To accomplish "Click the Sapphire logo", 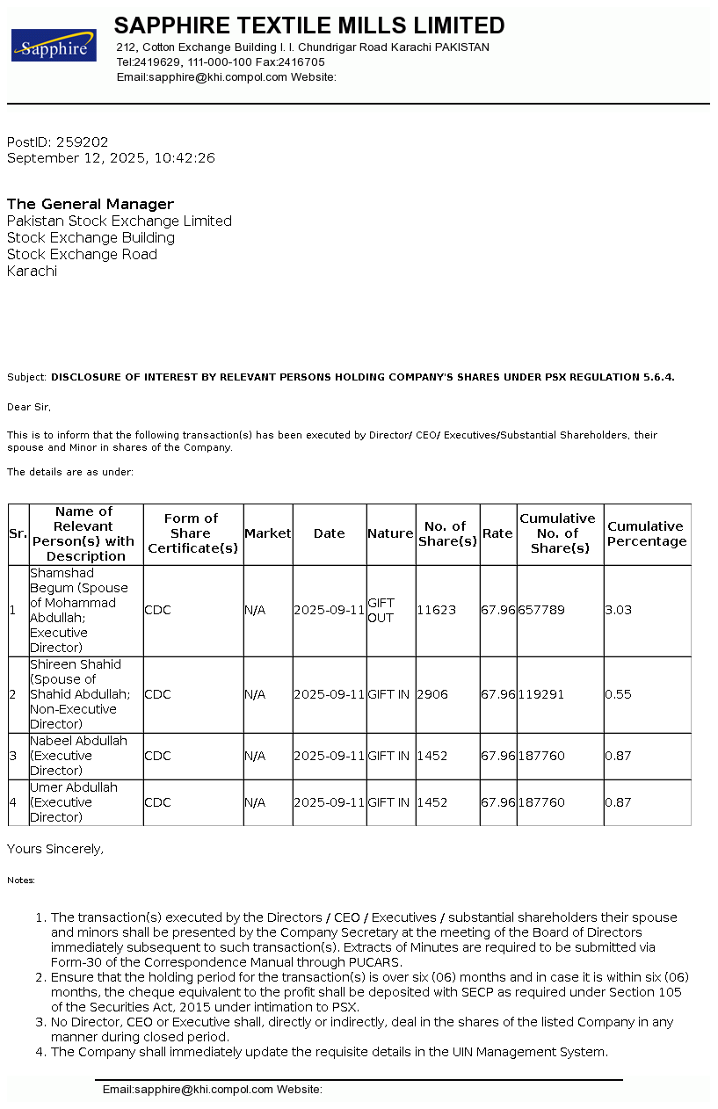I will (x=54, y=46).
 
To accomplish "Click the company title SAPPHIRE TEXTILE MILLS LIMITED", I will (x=309, y=25).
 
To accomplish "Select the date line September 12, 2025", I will (x=111, y=158).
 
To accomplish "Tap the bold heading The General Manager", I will (x=91, y=204).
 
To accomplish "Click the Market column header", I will (x=267, y=533).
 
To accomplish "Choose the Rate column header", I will (x=497, y=533).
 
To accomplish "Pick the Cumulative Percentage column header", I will (x=647, y=533).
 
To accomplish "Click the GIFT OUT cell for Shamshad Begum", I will (x=381, y=610).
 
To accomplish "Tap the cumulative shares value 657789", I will (x=541, y=610).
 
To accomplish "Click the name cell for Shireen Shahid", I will (x=79, y=694).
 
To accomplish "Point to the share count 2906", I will (x=432, y=694).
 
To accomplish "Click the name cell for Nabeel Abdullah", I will (x=78, y=756).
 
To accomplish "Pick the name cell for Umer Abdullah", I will (x=74, y=802).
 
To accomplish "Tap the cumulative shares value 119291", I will (x=541, y=694).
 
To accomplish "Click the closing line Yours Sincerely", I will (x=55, y=849).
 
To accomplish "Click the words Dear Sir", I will (x=29, y=407).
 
